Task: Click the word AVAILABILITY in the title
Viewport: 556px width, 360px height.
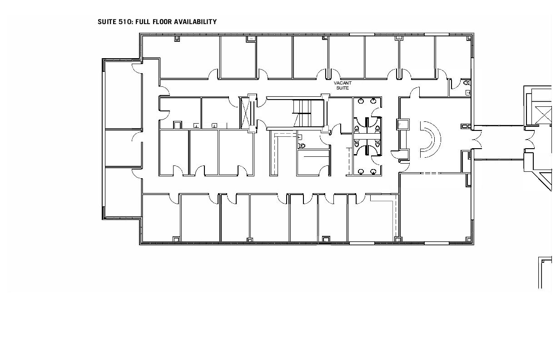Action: [x=195, y=22]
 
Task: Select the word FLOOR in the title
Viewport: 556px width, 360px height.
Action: [x=162, y=22]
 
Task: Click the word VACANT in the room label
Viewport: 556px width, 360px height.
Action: [x=343, y=83]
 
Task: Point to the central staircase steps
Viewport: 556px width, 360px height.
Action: [x=302, y=113]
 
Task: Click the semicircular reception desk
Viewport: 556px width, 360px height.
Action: [x=431, y=140]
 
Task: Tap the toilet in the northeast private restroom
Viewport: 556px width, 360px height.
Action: [x=467, y=82]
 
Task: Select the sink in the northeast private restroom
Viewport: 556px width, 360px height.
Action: [x=468, y=93]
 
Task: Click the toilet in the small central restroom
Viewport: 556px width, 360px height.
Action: [x=302, y=146]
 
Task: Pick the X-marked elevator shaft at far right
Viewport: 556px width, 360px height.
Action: [x=543, y=115]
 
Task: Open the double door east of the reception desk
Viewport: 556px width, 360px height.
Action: [x=477, y=140]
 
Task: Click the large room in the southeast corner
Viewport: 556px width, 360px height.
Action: [x=435, y=207]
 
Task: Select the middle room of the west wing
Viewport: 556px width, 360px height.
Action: [x=124, y=148]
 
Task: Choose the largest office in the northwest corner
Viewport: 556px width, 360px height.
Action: [x=181, y=57]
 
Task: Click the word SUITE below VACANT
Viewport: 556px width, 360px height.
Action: [x=343, y=88]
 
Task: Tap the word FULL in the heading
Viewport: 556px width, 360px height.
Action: [x=143, y=22]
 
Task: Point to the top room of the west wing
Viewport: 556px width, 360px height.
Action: [x=124, y=95]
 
